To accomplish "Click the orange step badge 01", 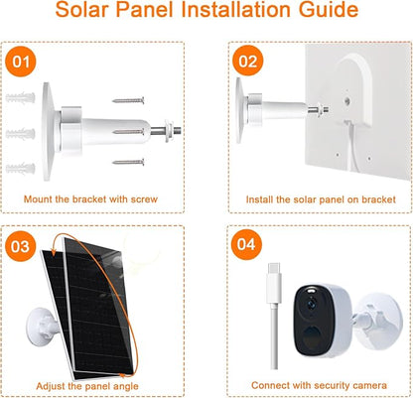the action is [21, 62].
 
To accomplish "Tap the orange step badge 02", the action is [247, 61].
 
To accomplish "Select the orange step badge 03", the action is [20, 246].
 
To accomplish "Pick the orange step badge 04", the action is [246, 244].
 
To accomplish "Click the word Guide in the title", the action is [328, 10].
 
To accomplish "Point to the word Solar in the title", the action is [81, 10].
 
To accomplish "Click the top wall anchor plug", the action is [20, 98].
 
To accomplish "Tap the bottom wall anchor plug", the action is [20, 169].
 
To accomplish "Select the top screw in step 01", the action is [128, 100].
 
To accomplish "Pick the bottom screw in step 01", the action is [128, 162].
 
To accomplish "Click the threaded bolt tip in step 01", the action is [177, 130].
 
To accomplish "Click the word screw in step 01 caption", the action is [144, 199].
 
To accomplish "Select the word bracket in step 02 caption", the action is [378, 199].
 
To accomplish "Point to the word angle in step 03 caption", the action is [125, 386].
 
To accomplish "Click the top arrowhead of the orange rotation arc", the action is [52, 252].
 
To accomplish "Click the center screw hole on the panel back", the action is [347, 100].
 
